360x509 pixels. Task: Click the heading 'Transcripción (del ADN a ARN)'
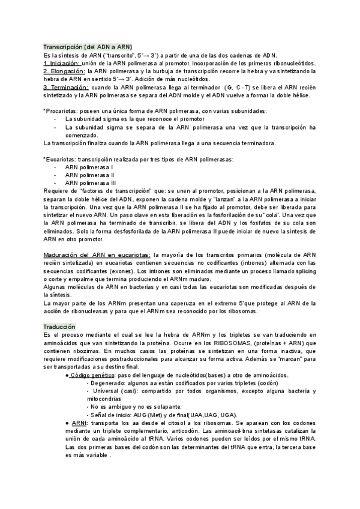pyautogui.click(x=88, y=47)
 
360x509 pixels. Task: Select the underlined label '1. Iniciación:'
pyautogui.click(x=62, y=63)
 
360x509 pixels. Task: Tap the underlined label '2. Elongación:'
pyautogui.click(x=64, y=71)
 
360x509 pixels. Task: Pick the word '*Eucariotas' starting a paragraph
pyautogui.click(x=59, y=159)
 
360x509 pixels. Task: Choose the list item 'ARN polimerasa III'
pyautogui.click(x=91, y=182)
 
